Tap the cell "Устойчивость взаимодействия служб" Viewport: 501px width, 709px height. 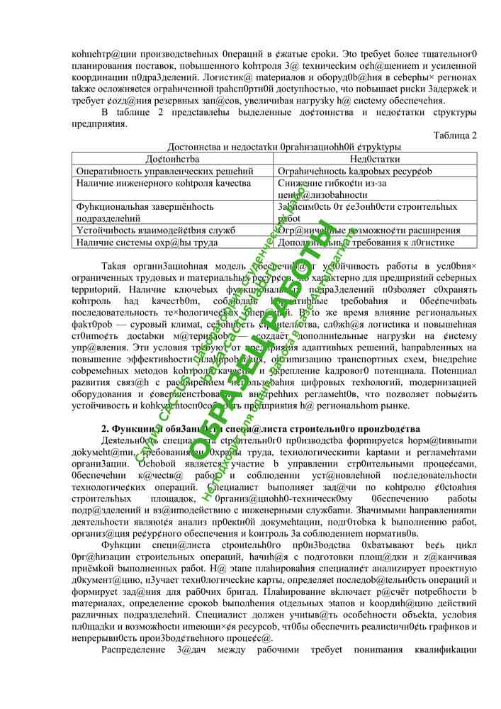[x=155, y=230]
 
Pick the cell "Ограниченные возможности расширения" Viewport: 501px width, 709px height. [x=368, y=230]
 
